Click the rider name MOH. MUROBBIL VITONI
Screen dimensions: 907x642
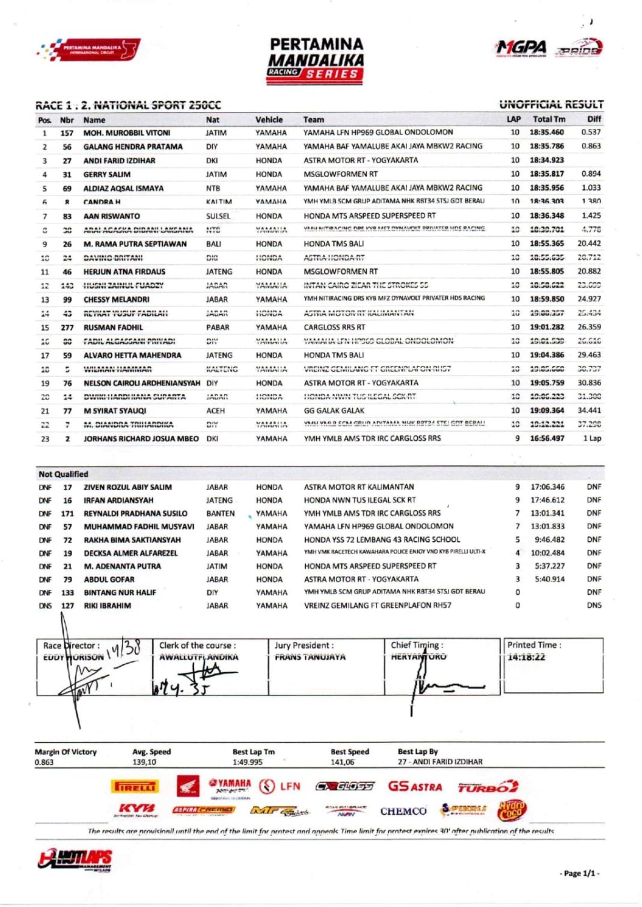click(126, 133)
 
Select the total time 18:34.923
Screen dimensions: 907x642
click(546, 160)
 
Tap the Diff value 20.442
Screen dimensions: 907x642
click(588, 243)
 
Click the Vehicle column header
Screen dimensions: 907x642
click(269, 120)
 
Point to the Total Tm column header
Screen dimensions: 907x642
click(549, 119)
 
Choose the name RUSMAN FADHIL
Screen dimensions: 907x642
click(113, 327)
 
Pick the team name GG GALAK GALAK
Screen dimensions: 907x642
click(334, 411)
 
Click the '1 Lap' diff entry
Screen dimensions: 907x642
click(592, 438)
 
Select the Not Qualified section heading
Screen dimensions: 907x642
click(63, 474)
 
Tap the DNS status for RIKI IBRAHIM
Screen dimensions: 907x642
click(593, 605)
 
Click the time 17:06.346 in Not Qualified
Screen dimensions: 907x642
click(547, 487)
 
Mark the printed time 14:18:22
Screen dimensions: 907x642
click(526, 657)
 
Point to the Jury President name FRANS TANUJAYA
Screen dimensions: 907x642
click(310, 657)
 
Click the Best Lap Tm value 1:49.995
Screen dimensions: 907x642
click(247, 762)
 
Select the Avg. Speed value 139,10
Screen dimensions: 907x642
click(144, 762)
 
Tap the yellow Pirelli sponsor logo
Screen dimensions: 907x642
click(135, 786)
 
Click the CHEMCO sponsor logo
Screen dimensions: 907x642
click(403, 811)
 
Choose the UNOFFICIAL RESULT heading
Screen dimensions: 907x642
click(551, 105)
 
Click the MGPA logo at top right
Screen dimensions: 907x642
click(521, 47)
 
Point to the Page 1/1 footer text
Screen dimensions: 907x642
click(579, 873)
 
